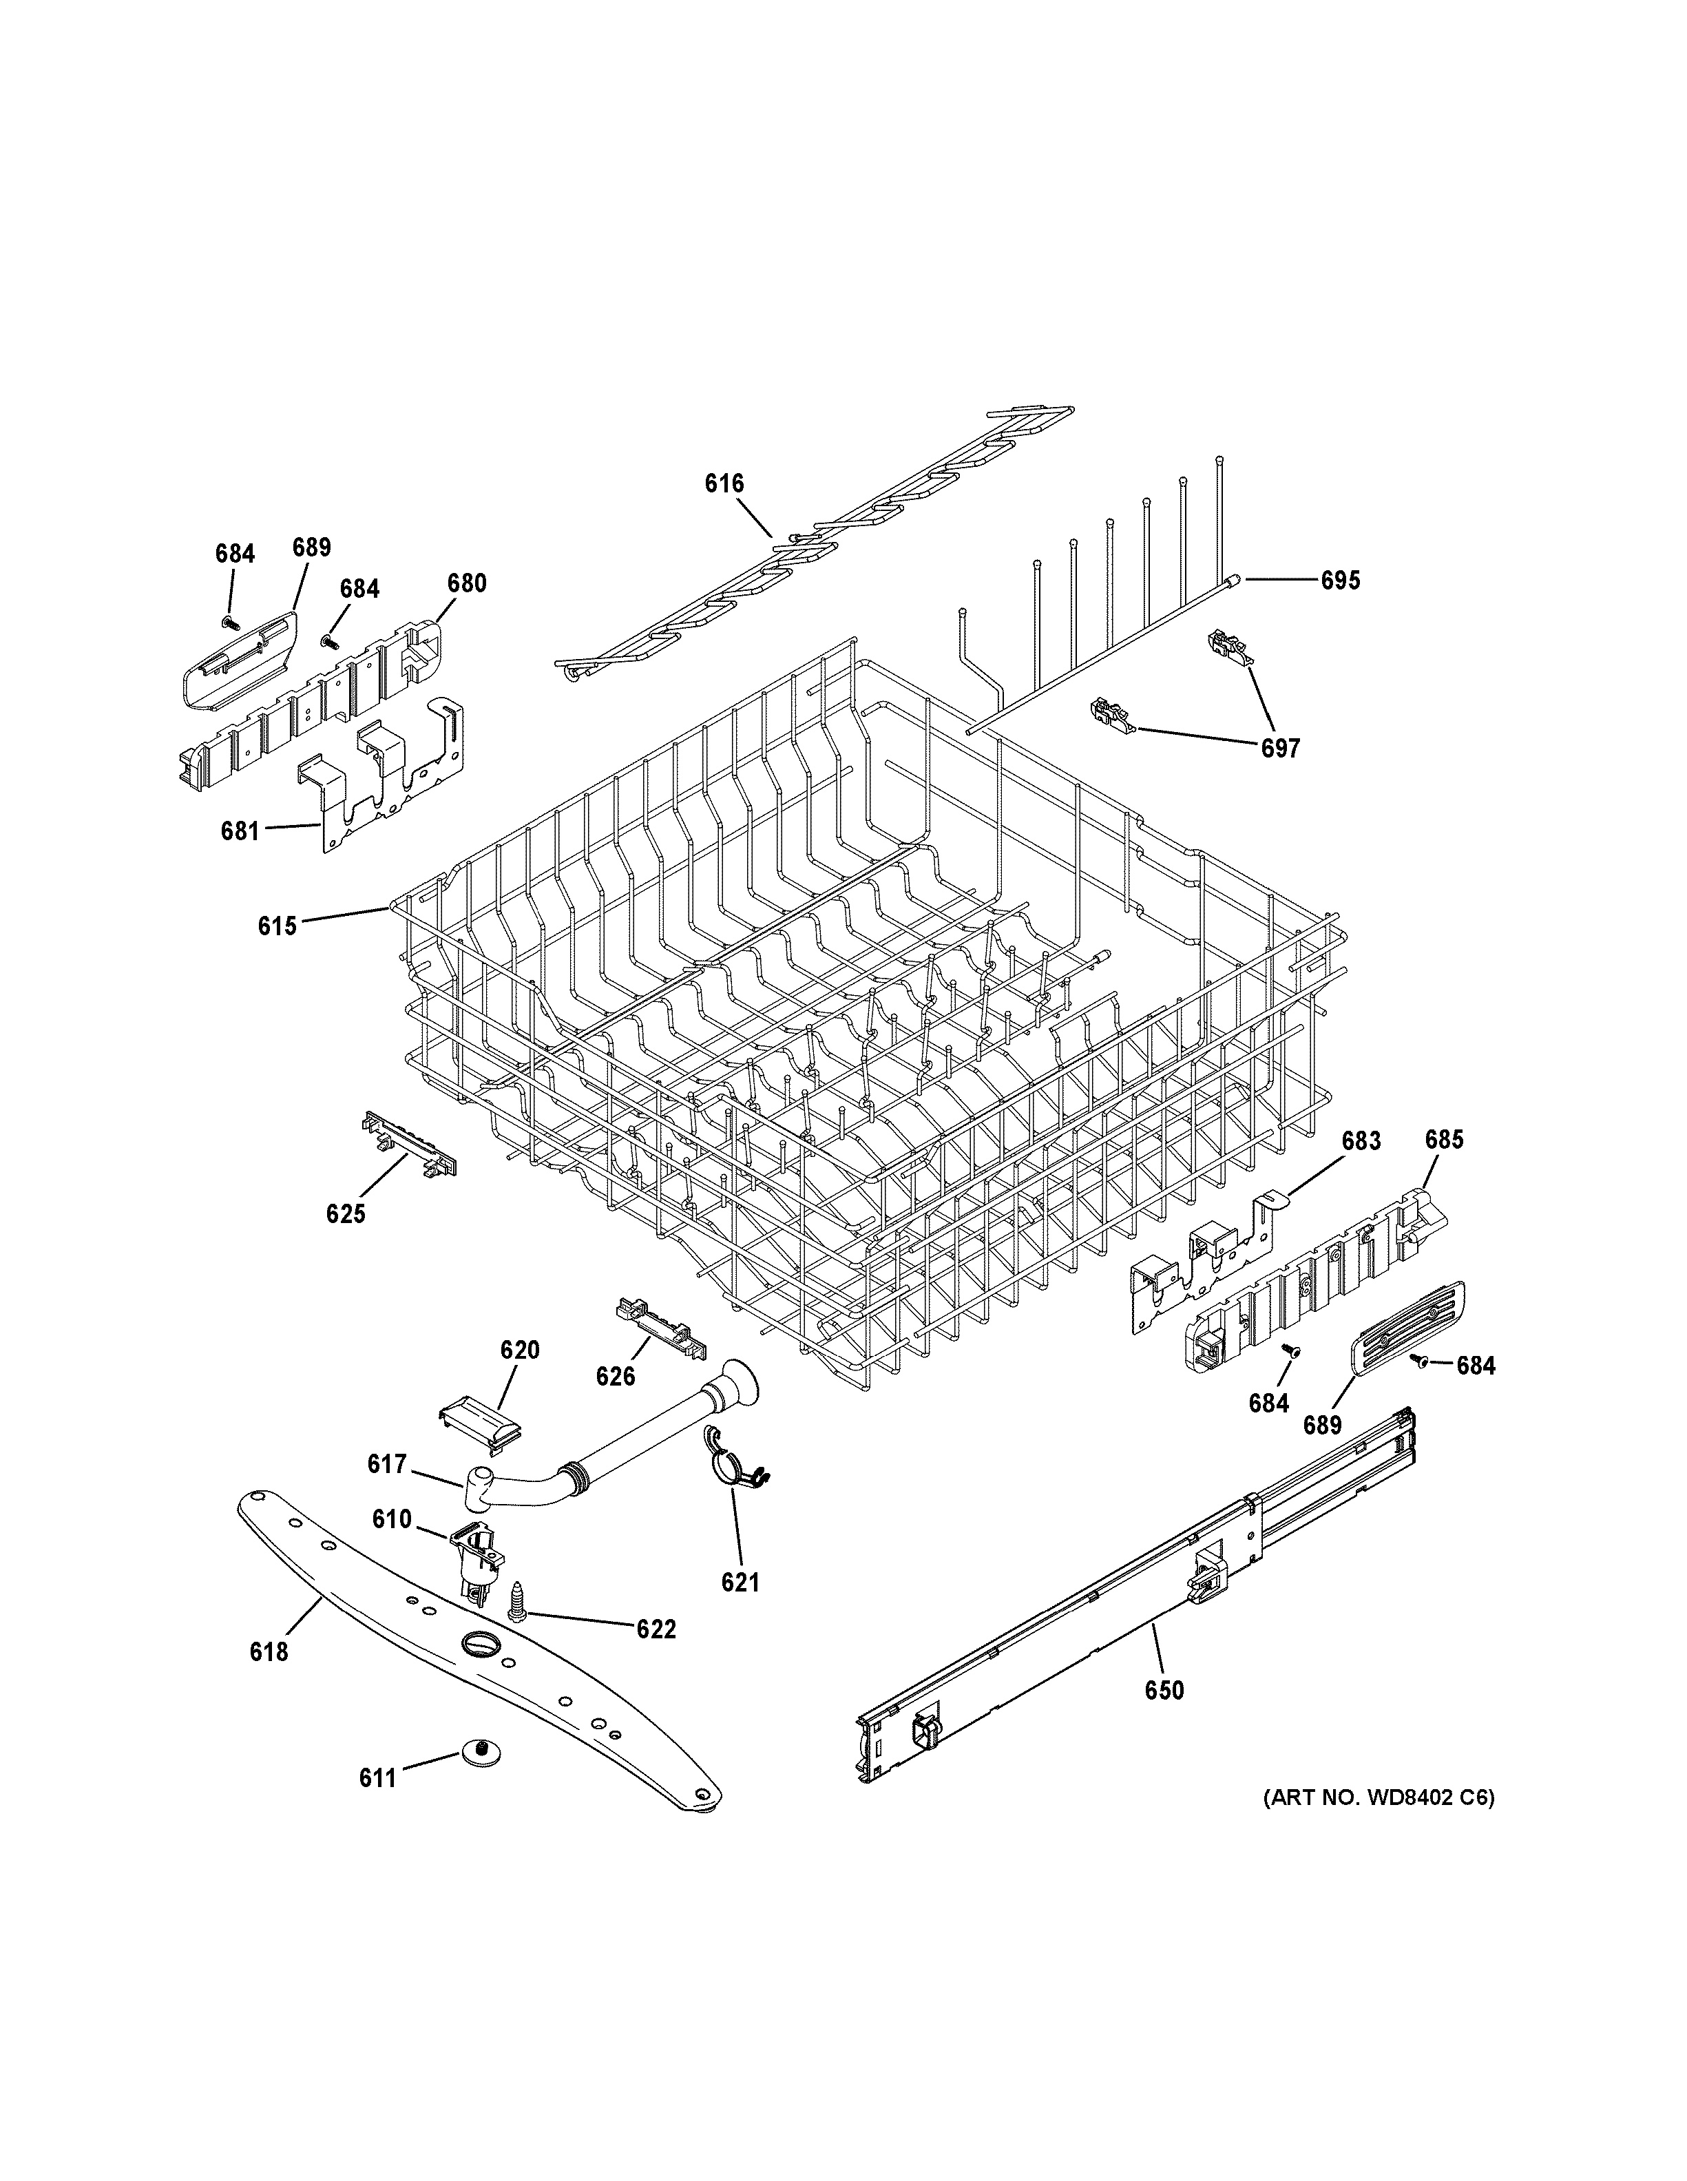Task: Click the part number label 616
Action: pyautogui.click(x=724, y=484)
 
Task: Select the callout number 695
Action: pyautogui.click(x=1340, y=581)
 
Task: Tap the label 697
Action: pyautogui.click(x=1280, y=747)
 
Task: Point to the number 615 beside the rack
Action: pyautogui.click(x=277, y=926)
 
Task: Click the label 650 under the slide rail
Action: pyautogui.click(x=1164, y=1690)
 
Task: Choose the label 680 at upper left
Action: pyautogui.click(x=466, y=583)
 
